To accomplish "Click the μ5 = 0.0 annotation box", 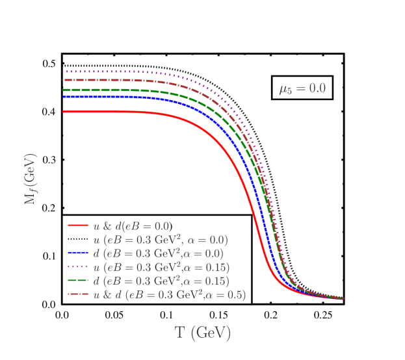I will coord(302,88).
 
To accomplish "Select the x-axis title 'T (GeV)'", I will coord(202,333).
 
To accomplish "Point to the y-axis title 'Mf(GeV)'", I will coord(31,179).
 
